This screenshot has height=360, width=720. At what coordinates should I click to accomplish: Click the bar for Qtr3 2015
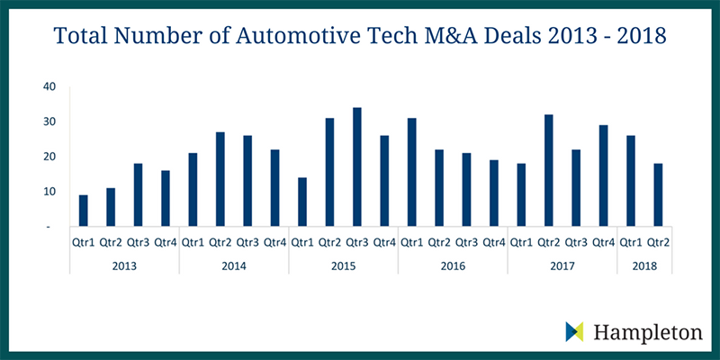(357, 167)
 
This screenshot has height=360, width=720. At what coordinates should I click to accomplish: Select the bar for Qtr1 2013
(84, 211)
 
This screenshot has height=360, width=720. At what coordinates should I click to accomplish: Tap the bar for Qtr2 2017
(549, 171)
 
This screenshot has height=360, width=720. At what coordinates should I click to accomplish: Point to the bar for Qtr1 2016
(412, 173)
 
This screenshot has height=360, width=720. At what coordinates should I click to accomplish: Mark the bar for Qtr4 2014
(275, 188)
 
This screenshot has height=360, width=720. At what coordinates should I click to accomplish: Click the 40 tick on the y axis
(49, 86)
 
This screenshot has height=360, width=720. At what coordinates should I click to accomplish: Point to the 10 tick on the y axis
(49, 192)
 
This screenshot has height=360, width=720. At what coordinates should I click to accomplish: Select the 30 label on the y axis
(49, 121)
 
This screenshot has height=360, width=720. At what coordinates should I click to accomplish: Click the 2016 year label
(453, 265)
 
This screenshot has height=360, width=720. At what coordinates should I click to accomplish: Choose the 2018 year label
(644, 265)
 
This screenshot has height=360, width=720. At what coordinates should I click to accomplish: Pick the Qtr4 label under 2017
(603, 242)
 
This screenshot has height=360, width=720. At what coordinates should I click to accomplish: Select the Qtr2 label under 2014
(220, 242)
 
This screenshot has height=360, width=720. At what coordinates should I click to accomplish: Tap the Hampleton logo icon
(573, 331)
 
